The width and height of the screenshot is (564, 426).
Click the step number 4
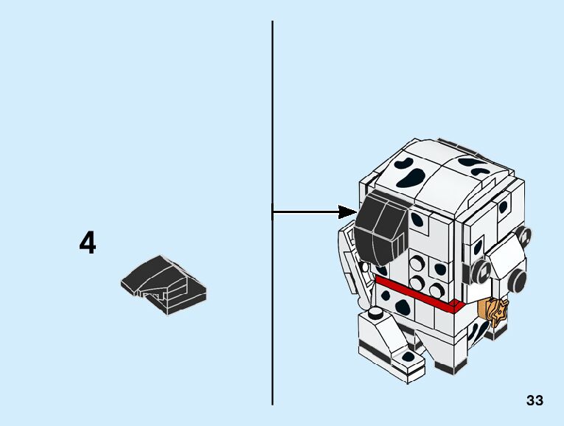coord(88,243)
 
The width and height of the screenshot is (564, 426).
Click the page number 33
coord(535,400)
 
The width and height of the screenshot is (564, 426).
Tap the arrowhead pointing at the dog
coord(349,212)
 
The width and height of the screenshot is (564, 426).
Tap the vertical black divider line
coord(272,310)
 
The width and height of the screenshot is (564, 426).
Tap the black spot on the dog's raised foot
coord(408,357)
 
